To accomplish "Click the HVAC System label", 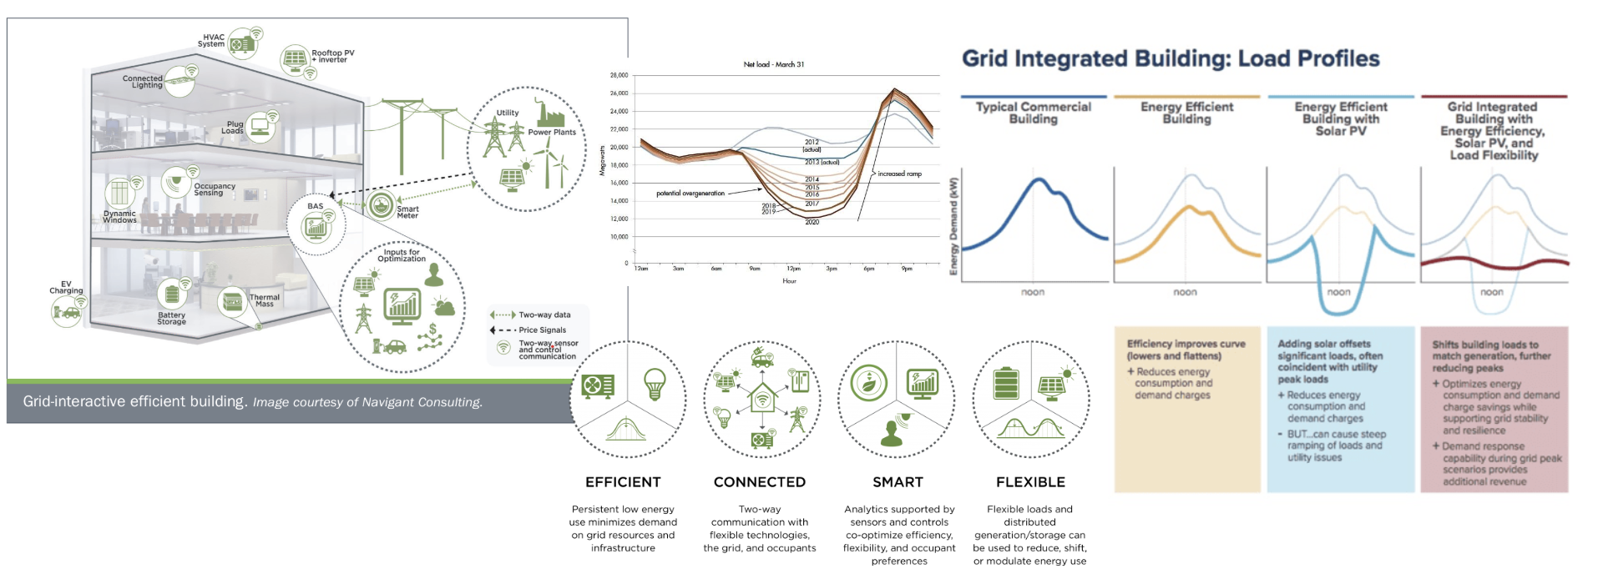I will (x=212, y=40).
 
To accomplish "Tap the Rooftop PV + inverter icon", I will (x=295, y=59).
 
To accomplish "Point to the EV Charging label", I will (x=66, y=288).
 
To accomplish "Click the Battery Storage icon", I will (x=172, y=294).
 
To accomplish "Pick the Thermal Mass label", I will (x=265, y=300).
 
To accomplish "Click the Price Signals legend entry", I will (x=542, y=330).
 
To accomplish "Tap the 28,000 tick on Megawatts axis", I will (x=619, y=75).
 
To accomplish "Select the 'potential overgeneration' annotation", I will (x=690, y=194).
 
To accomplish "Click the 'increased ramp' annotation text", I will (x=899, y=174).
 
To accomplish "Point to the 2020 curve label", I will (x=812, y=222).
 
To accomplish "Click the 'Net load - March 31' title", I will (x=774, y=64).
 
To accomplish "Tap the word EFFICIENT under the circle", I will (x=623, y=482).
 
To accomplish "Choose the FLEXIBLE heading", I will (x=1030, y=482).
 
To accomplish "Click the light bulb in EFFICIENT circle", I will (x=655, y=384).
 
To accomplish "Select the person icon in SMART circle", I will (x=892, y=432).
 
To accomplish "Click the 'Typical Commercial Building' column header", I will (x=1033, y=113).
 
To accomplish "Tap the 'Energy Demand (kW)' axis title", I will (x=954, y=225).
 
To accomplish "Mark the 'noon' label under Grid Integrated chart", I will (x=1492, y=292).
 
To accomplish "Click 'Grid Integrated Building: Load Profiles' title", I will (x=1171, y=58).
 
